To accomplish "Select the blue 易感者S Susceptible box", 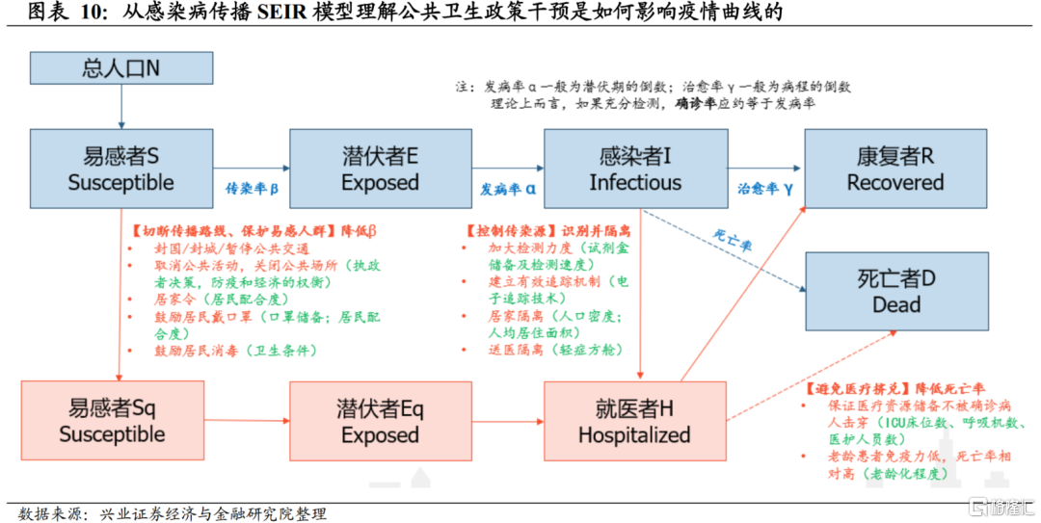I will pos(120,169).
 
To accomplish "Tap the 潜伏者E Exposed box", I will pos(380,169).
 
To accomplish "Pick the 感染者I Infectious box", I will pos(635,169).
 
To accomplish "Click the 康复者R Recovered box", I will pos(894,169).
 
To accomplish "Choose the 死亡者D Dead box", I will pos(894,291).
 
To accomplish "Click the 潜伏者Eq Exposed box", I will pos(380,421).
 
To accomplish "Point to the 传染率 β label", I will pos(252,189).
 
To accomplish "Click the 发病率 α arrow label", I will pos(507,189).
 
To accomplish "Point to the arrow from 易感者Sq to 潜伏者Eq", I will pos(247,421).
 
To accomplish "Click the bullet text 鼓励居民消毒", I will pos(192,351).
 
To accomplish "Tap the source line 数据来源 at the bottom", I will pos(173,513).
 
